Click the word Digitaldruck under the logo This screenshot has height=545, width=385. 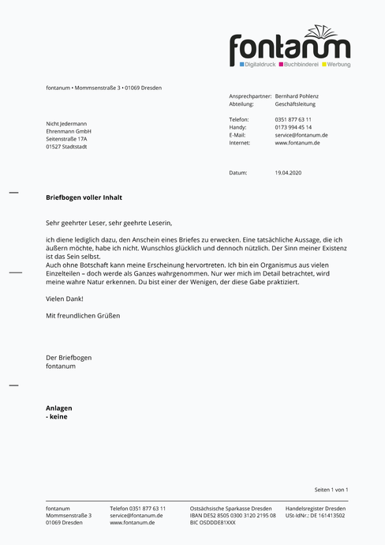click(x=260, y=64)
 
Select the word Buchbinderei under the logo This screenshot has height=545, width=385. click(x=301, y=64)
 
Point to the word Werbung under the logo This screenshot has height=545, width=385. click(x=338, y=64)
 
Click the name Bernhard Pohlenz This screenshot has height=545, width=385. click(x=297, y=96)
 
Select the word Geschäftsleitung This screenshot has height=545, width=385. click(x=295, y=103)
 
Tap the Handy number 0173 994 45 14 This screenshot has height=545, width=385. click(x=293, y=127)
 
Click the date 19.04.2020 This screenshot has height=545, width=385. click(x=288, y=172)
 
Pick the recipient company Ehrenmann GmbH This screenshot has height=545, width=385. click(x=69, y=131)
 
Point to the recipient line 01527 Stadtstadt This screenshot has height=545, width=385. click(x=66, y=147)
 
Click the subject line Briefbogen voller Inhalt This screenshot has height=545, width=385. click(x=84, y=197)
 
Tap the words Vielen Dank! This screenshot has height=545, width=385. click(x=64, y=299)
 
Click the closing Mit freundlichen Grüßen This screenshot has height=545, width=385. click(x=83, y=316)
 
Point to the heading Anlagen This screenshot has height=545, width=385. click(x=60, y=408)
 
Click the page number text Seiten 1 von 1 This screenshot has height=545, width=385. click(x=331, y=490)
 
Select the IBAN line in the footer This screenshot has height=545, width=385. click(x=233, y=515)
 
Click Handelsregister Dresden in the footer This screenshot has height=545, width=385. click(x=315, y=508)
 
